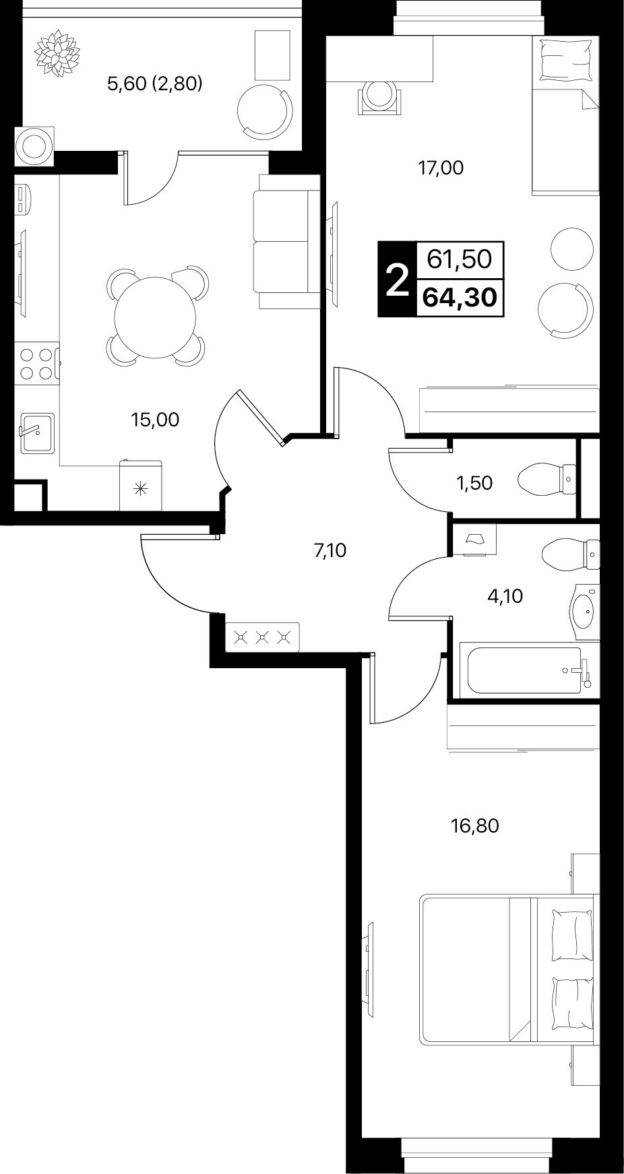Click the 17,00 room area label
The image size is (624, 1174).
[x=441, y=168]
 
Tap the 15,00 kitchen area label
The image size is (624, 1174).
[x=155, y=420]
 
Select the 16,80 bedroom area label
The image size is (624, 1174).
[x=475, y=826]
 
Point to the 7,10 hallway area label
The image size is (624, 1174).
[x=330, y=551]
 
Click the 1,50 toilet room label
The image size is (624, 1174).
[x=475, y=483]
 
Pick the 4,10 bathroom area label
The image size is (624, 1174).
[x=505, y=596]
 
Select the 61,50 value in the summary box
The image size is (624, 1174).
[x=460, y=259]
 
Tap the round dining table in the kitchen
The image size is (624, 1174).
[x=156, y=317]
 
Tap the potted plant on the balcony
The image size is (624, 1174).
[x=57, y=51]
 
